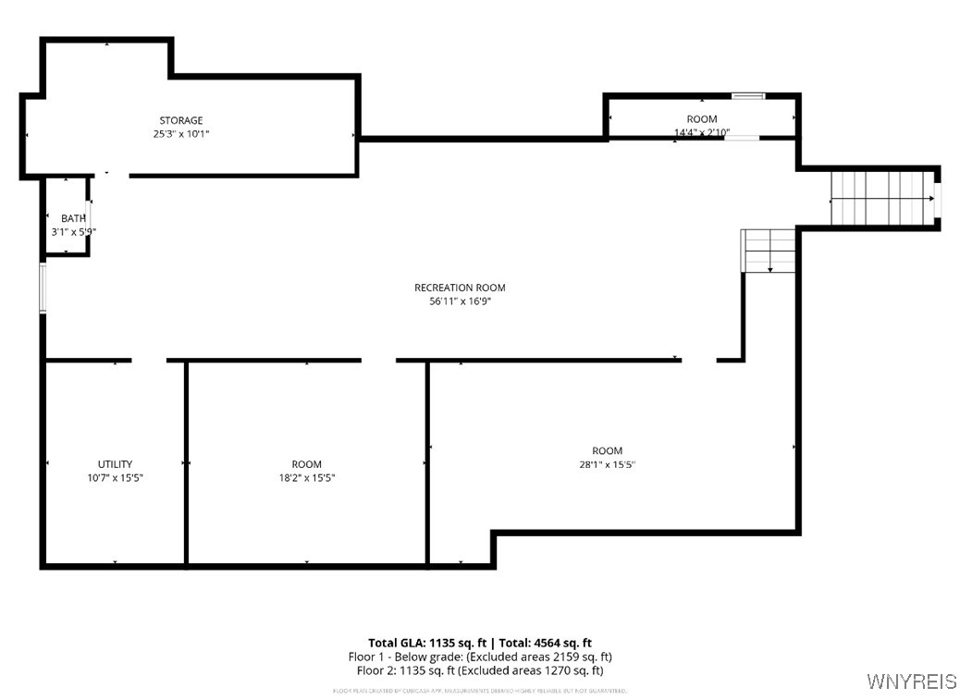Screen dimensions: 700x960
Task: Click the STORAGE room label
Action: [x=180, y=120]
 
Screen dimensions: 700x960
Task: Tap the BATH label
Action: [x=73, y=218]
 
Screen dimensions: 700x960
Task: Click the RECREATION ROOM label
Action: [x=460, y=288]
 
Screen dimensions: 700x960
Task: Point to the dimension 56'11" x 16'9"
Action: [x=460, y=301]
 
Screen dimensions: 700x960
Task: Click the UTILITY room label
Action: [x=115, y=464]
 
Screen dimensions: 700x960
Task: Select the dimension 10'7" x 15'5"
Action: [x=115, y=478]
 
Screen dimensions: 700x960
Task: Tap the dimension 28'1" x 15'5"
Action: [x=607, y=465]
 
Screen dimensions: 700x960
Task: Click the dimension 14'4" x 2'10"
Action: [x=701, y=133]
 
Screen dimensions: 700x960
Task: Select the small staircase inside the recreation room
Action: [x=769, y=251]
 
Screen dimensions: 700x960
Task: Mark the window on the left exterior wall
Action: [x=43, y=288]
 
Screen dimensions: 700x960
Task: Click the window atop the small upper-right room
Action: [x=748, y=95]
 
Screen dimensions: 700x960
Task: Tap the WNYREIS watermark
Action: [x=911, y=682]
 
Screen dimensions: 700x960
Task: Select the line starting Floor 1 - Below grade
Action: [x=479, y=657]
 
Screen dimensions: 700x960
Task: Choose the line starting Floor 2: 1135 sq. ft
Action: [x=479, y=670]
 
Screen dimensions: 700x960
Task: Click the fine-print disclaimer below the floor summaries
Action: [x=479, y=691]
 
